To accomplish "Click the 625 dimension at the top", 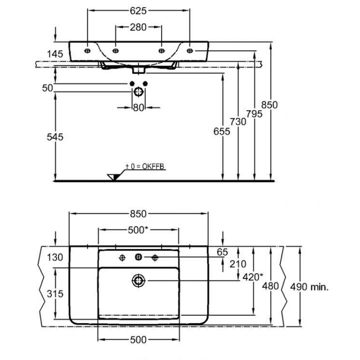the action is click(138, 11).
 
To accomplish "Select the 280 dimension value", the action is click(138, 27).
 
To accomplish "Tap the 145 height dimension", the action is click(55, 54).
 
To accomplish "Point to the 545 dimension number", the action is click(55, 137).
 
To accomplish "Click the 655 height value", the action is click(221, 131).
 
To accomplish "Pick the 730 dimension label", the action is click(238, 121).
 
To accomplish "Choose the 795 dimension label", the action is click(254, 114).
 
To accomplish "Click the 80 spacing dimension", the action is click(139, 108).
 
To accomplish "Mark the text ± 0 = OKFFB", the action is click(145, 166).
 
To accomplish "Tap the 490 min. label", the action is click(309, 287).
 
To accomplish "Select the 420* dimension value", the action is click(253, 277).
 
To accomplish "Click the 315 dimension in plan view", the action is click(55, 294).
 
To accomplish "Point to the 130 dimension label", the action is click(55, 257).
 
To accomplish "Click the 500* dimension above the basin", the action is click(138, 230).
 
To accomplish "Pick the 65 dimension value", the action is click(222, 252).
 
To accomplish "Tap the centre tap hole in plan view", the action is click(139, 257).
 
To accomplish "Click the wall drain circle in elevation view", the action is click(139, 92).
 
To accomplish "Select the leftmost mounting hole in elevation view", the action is click(87, 51).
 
